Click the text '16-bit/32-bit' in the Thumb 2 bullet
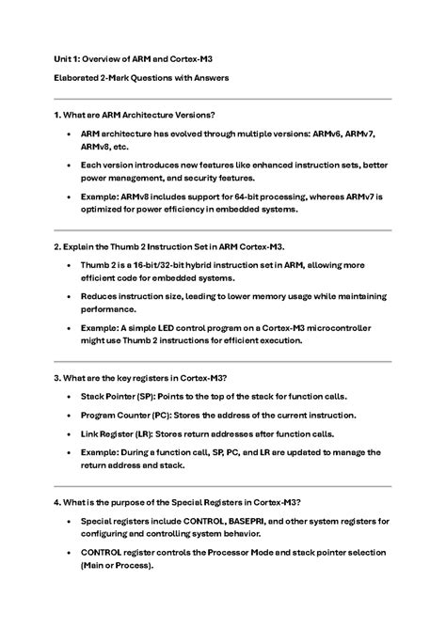[160, 266]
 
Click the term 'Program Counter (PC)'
[126, 416]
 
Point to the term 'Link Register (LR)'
[118, 434]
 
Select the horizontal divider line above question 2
[223, 230]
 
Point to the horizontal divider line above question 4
[223, 486]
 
